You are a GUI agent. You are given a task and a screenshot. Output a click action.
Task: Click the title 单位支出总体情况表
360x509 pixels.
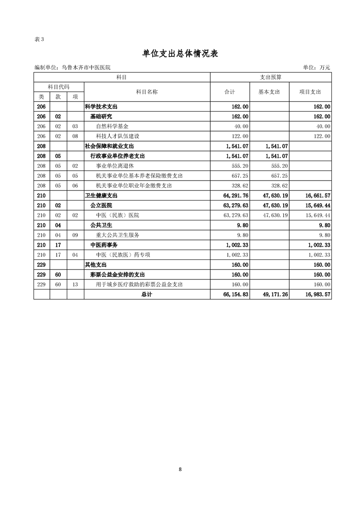(180, 54)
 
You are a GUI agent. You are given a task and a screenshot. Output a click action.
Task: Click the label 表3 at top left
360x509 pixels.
(39, 39)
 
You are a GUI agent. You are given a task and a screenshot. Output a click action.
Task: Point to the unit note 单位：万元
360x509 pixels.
(316, 68)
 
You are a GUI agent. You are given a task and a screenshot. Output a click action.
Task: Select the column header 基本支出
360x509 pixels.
(269, 92)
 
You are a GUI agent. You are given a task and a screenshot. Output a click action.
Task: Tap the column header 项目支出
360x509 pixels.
(310, 92)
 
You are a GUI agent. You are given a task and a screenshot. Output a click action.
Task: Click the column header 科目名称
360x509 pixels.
(147, 92)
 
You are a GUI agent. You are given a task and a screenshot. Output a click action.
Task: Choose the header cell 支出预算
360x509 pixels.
(271, 78)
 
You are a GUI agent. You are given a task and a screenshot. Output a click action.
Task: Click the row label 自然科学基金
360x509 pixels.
(112, 126)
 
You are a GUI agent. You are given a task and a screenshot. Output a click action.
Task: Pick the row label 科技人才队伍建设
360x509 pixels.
(118, 136)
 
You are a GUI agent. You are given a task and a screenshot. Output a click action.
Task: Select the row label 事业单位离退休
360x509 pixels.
(115, 166)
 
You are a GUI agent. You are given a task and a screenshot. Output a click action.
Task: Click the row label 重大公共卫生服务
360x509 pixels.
(118, 235)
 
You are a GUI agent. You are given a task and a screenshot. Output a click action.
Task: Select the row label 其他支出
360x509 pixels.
(96, 264)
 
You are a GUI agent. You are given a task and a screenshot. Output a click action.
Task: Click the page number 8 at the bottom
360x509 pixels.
(180, 469)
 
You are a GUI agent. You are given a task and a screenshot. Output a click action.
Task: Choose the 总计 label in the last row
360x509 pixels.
(147, 294)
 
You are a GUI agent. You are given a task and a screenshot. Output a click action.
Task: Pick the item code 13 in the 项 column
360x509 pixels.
(75, 284)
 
